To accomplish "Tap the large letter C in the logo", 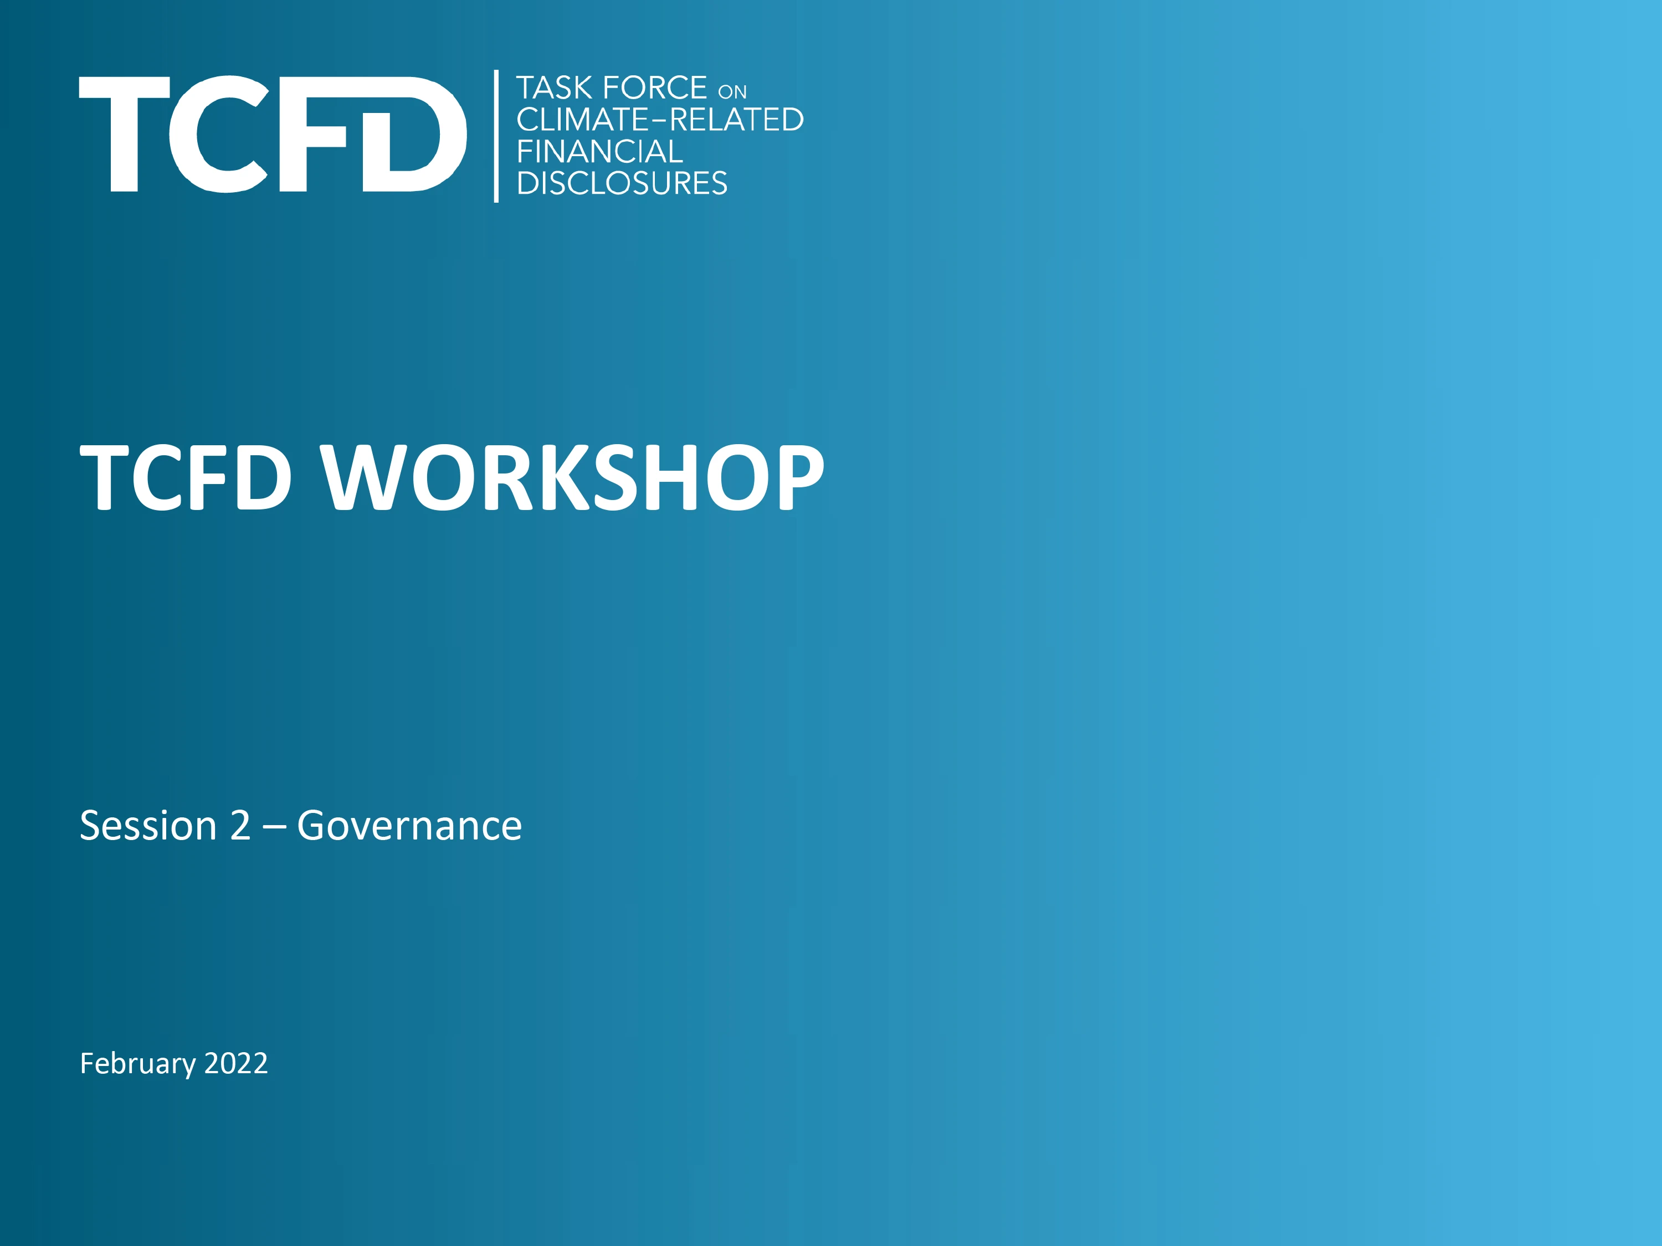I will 218,133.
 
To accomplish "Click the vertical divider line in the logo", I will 496,136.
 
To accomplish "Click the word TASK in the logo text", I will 554,88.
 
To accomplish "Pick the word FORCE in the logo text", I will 654,88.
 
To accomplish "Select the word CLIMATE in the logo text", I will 582,120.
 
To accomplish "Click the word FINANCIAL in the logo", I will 599,152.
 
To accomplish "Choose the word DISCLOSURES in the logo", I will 622,183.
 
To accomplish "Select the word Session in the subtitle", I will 148,826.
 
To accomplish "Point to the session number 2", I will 240,826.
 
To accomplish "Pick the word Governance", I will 409,826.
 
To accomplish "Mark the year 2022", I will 236,1063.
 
